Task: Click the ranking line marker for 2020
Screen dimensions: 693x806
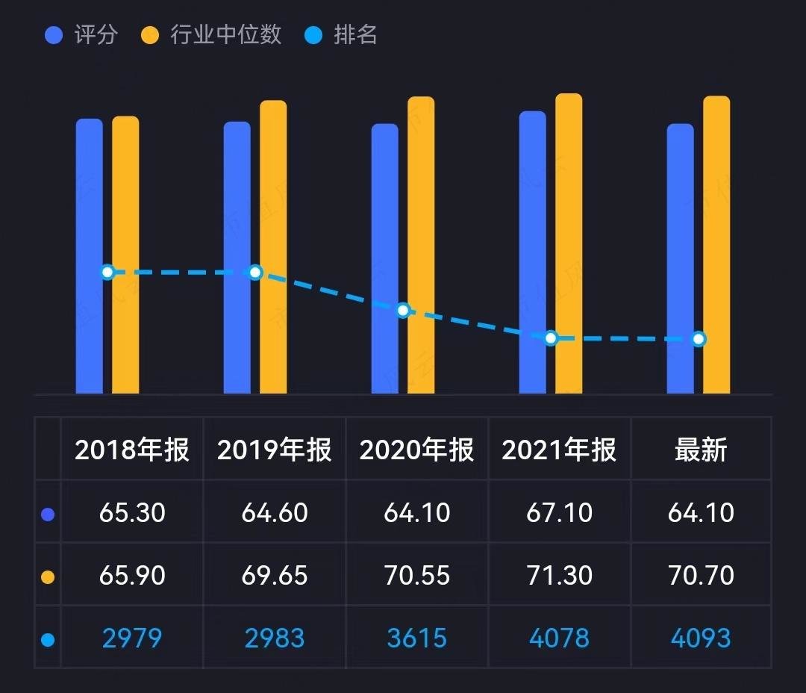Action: point(403,310)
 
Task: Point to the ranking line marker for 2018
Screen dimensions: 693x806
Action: point(107,272)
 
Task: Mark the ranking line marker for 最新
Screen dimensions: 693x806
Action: point(699,339)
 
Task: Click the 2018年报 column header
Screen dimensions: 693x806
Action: point(132,450)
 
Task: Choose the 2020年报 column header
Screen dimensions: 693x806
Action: point(416,450)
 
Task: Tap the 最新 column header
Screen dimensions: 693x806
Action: point(701,450)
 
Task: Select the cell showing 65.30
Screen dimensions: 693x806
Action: point(132,513)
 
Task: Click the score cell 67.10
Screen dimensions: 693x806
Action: point(559,513)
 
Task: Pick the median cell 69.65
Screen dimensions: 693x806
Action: point(275,576)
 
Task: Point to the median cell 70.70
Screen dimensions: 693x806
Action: point(701,576)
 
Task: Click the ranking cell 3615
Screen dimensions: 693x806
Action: point(416,638)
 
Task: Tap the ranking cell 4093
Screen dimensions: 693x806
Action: point(701,638)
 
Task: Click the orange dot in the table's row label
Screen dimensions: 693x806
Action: point(49,577)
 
